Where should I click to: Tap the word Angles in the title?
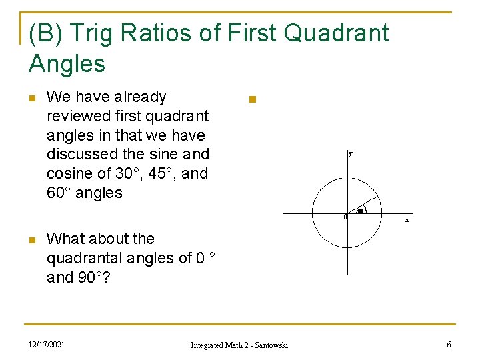point(67,64)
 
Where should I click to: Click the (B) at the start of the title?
point(45,33)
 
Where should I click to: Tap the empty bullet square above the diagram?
point(251,101)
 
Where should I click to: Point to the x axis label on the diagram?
point(407,220)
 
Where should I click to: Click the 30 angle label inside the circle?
point(359,211)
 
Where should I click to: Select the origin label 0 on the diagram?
point(345,217)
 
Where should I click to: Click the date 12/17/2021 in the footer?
point(47,344)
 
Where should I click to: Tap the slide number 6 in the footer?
point(448,344)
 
